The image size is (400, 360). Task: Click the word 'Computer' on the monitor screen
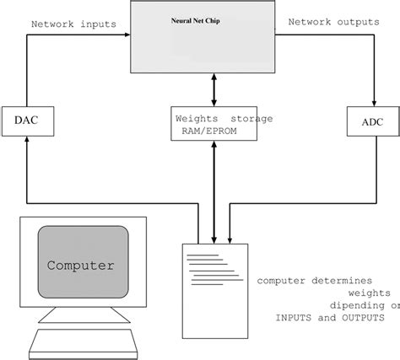pos(81,265)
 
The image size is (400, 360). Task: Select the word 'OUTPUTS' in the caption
pos(361,318)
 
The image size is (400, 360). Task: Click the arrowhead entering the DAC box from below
pos(27,142)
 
